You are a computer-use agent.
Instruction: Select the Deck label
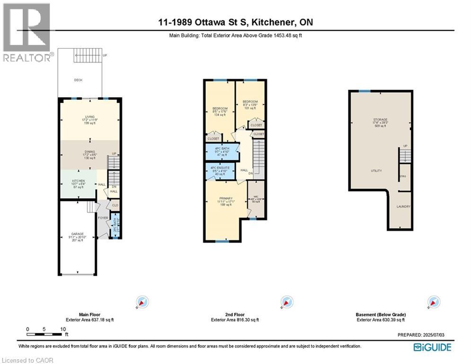79,80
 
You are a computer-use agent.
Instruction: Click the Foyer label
103,218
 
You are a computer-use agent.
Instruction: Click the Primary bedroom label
225,199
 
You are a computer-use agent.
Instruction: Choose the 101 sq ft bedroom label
250,102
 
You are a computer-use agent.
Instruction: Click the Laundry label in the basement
404,207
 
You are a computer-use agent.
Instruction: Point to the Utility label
376,171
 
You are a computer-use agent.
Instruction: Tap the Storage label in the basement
380,119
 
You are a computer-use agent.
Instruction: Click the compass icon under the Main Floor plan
142,301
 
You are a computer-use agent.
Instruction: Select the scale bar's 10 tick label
62,329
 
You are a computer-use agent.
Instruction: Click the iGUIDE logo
432,347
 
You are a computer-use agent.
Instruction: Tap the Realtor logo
27,33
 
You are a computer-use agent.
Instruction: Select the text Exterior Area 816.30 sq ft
235,320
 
